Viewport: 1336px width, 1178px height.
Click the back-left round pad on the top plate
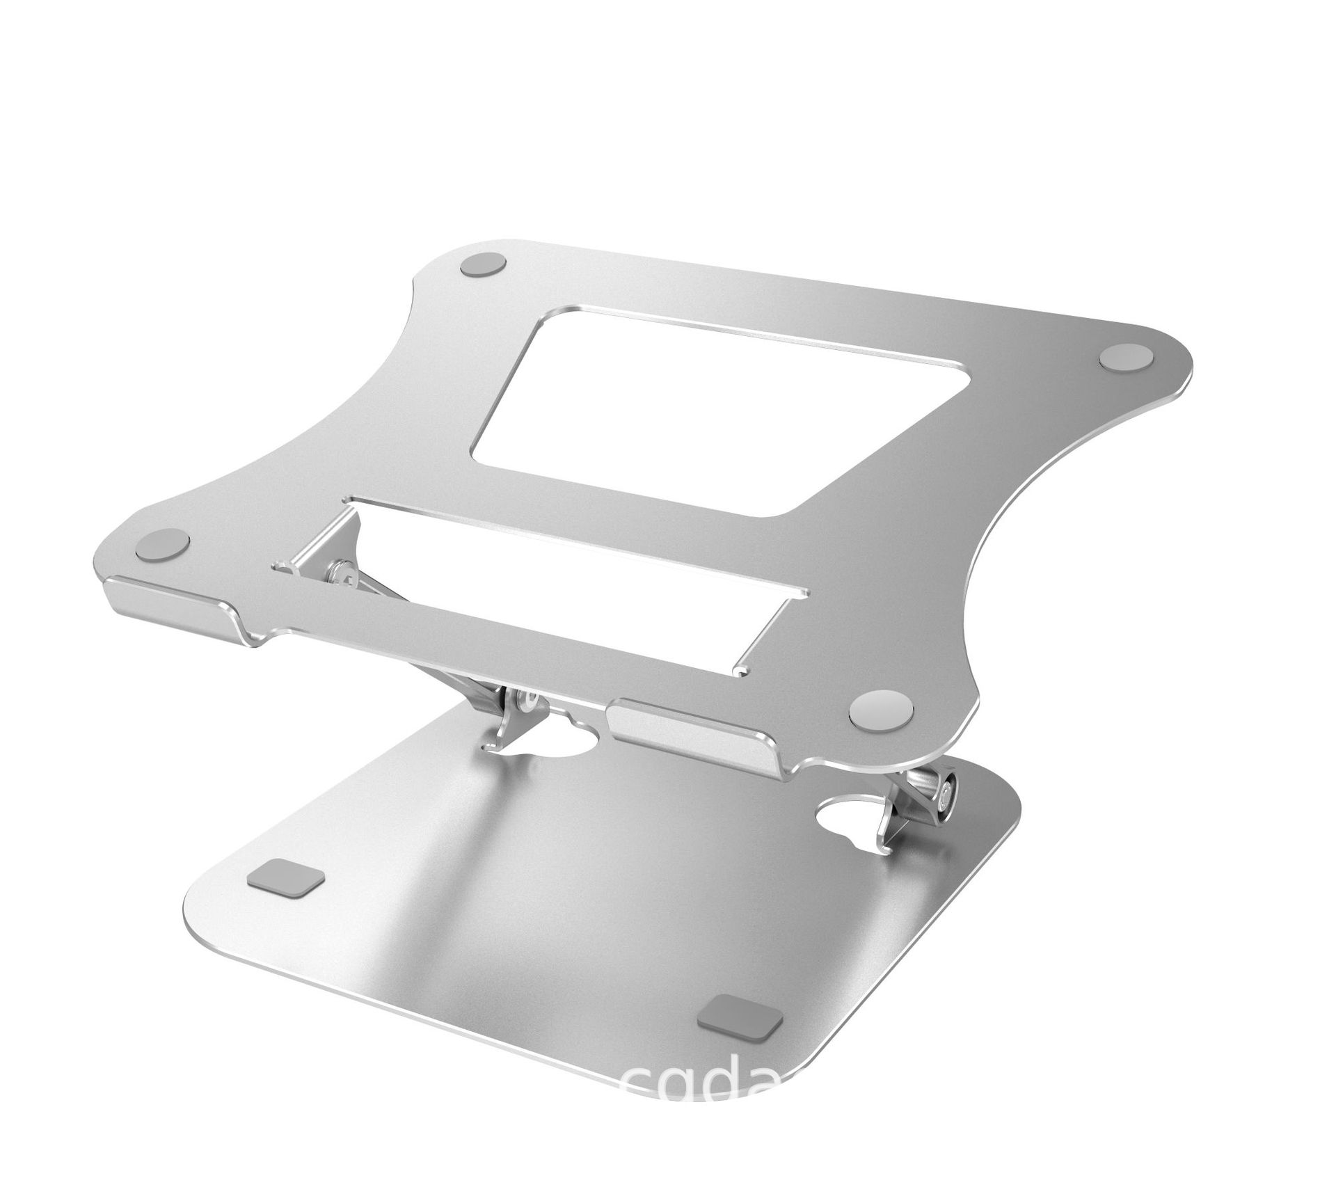(484, 266)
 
